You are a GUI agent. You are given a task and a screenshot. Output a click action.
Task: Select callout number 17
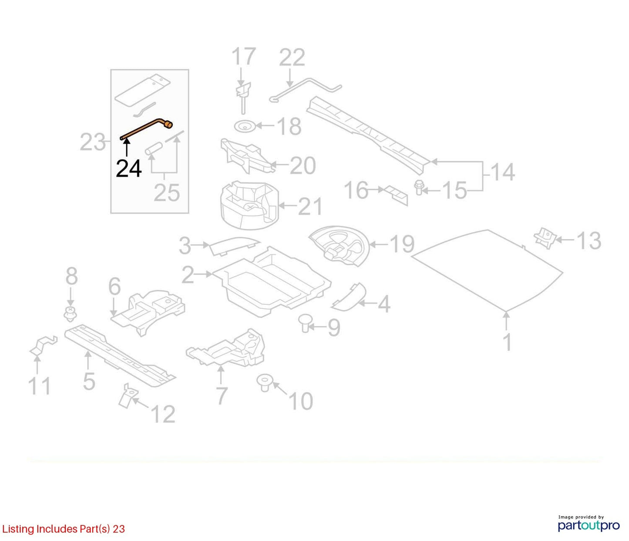[x=243, y=56]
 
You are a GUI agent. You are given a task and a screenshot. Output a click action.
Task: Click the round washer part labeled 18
[x=245, y=126]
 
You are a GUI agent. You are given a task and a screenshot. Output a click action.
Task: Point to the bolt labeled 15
[x=419, y=187]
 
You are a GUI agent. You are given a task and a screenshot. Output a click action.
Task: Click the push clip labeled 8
[x=70, y=314]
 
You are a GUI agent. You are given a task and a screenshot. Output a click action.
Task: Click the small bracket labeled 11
[x=43, y=345]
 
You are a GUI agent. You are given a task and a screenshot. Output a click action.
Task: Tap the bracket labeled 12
[x=127, y=396]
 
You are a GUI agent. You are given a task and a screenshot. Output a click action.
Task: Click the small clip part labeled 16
[x=396, y=196]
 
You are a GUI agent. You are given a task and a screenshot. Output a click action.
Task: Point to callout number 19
[x=402, y=244]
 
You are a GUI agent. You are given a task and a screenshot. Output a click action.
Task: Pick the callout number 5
[x=89, y=381]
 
